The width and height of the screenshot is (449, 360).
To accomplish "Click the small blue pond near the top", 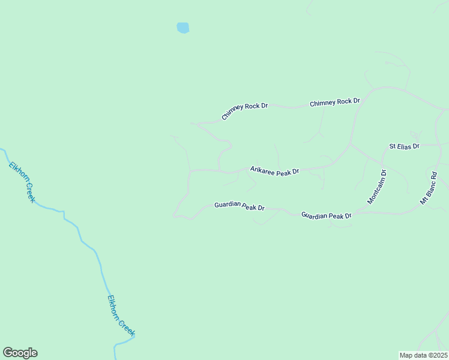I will click(183, 28).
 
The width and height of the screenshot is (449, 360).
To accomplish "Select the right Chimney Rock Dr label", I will click(334, 103).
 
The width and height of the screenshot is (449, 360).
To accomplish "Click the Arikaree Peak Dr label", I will click(274, 172).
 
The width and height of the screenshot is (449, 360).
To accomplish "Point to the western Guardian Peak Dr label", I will click(240, 206).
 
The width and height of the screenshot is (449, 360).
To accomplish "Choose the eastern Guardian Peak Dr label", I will click(326, 215).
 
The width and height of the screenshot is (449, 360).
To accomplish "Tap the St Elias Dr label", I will click(404, 146).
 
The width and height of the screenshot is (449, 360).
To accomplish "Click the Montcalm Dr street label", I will click(377, 187).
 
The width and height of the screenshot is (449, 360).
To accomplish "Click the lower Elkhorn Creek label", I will click(121, 315).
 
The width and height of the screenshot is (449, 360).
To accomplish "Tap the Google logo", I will click(20, 353).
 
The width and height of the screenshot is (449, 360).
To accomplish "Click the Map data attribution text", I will click(424, 355).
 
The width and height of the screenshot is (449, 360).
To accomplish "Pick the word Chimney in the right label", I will click(322, 103).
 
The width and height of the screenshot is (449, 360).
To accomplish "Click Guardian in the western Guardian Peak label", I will click(228, 205).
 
